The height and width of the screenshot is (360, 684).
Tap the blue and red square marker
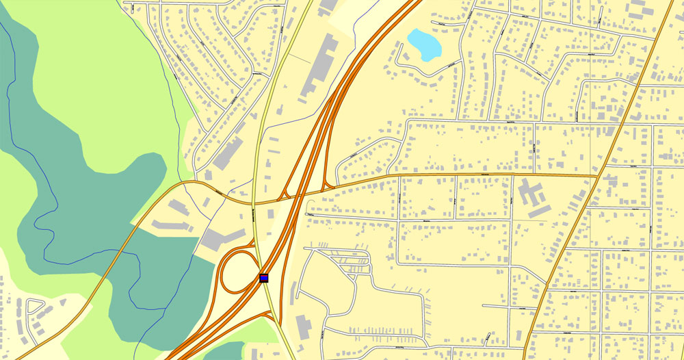tap(264, 278)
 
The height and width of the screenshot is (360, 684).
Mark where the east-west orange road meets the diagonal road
tap(597, 176)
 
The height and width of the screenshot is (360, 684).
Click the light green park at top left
tap(103, 68)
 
